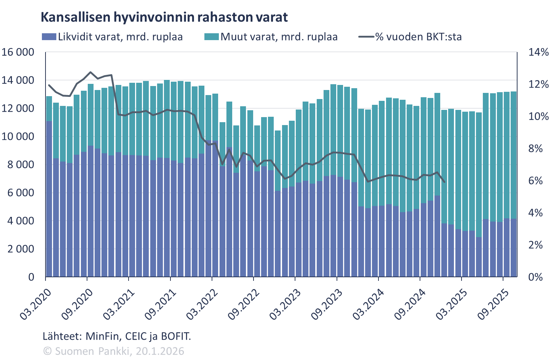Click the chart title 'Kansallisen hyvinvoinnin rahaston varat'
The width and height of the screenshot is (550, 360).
[164, 17]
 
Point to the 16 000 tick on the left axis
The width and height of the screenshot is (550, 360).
[18, 52]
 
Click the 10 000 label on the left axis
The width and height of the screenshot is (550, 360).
[18, 137]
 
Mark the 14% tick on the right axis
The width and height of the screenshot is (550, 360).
[538, 52]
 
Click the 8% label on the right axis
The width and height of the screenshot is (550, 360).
[536, 149]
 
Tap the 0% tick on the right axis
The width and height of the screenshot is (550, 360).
[536, 277]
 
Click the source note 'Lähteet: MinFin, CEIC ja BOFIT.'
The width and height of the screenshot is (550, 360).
[117, 337]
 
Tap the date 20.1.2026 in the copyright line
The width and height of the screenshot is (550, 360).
[160, 351]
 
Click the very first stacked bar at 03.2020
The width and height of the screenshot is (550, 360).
[49, 188]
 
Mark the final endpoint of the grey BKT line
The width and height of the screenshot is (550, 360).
[444, 182]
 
